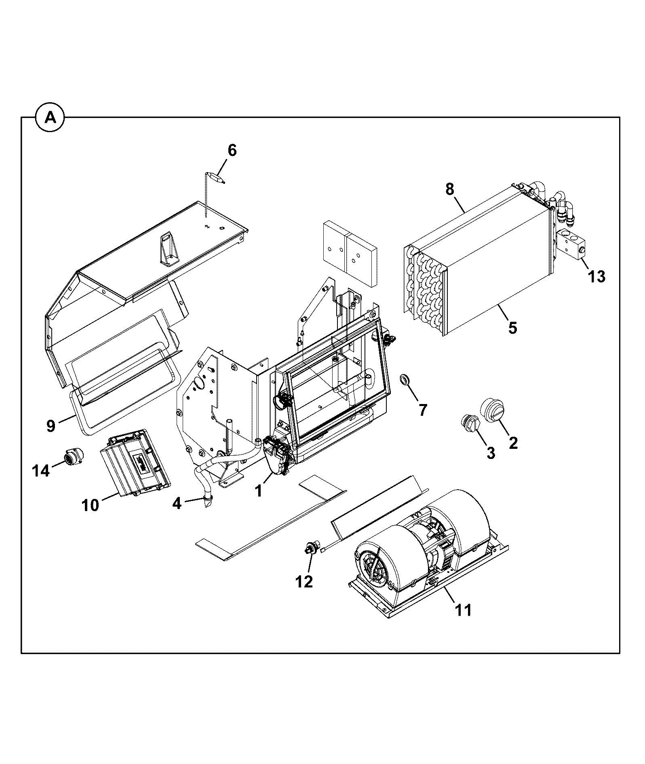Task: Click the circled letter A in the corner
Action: (x=50, y=118)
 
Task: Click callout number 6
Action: (x=232, y=150)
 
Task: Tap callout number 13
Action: (x=597, y=277)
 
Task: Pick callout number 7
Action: (x=423, y=410)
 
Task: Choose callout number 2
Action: (x=513, y=443)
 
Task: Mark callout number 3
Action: (x=491, y=453)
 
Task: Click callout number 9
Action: (x=51, y=426)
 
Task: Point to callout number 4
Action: (x=177, y=503)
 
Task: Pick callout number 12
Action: (x=304, y=582)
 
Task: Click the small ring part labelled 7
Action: (x=404, y=379)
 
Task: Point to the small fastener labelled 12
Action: (x=312, y=548)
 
